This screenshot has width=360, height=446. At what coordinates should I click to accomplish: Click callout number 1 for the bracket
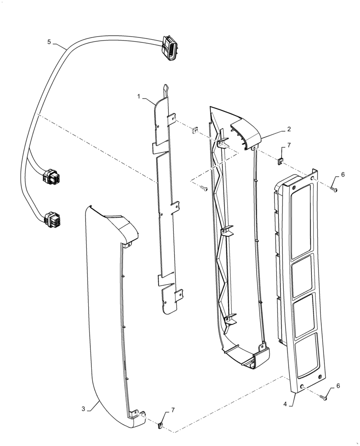pos(139,96)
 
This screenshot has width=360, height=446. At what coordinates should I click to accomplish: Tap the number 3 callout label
pos(83,409)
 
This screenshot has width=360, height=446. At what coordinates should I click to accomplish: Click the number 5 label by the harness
pos(49,42)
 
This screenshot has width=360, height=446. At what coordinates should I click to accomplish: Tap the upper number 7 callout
pos(288,146)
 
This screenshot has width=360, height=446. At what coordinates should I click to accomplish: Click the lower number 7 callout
pos(172,410)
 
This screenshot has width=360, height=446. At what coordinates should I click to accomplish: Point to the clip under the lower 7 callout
pos(160,425)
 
